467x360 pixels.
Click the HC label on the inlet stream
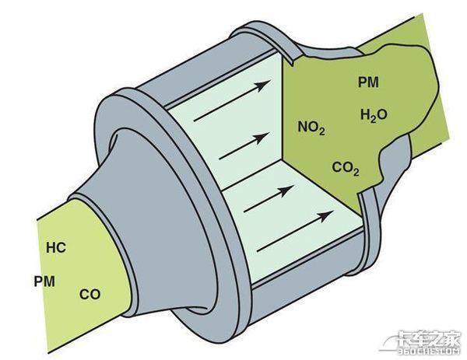click(56, 247)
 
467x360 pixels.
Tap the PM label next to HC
click(44, 281)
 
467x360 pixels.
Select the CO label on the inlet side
click(90, 294)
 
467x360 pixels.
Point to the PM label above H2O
click(368, 82)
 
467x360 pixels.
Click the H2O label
click(374, 115)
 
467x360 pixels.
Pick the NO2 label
click(311, 128)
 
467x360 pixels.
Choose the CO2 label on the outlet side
click(346, 168)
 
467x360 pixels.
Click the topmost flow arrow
click(232, 100)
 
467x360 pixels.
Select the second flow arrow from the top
click(244, 146)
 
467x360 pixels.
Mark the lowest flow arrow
click(295, 231)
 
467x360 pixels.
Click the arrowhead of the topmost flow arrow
click(264, 85)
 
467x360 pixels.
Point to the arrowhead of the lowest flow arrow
click(327, 215)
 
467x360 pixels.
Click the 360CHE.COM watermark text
click(430, 352)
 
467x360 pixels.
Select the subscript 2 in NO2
click(321, 131)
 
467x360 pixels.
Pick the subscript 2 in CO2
click(356, 172)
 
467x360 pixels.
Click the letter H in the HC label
click(51, 247)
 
